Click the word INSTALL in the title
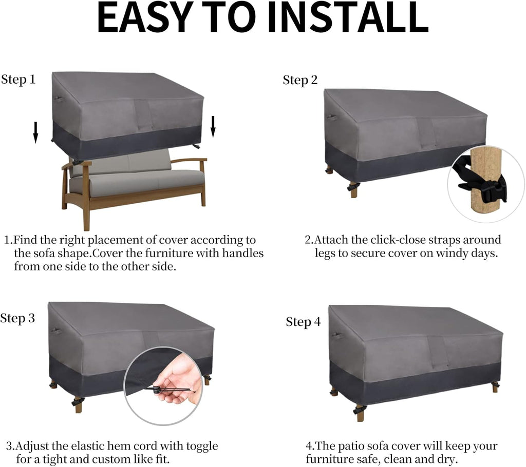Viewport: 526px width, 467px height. click(348, 17)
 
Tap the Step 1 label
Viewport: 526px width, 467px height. click(18, 80)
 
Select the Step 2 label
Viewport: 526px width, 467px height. click(300, 81)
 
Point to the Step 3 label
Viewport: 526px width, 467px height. click(17, 318)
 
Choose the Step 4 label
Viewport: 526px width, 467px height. click(303, 322)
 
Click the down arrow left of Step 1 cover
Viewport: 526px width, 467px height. click(35, 132)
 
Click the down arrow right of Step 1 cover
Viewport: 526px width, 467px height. click(213, 127)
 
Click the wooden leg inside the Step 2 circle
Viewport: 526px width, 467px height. click(484, 183)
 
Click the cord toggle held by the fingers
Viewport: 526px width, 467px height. click(158, 390)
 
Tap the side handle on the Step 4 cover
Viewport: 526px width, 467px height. click(336, 335)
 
